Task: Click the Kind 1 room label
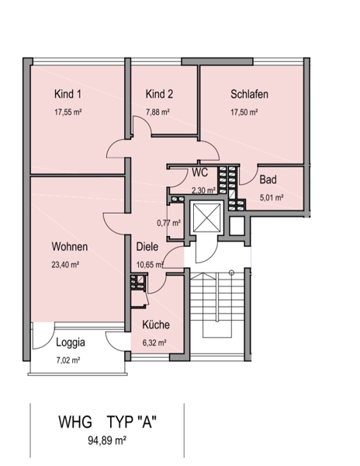(x=67, y=94)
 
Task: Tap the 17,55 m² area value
(x=68, y=112)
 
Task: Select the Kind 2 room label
(x=159, y=94)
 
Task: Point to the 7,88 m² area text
(x=157, y=112)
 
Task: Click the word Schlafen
(x=249, y=94)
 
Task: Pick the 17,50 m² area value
(x=244, y=112)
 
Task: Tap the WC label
(x=200, y=172)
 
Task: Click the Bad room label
(x=268, y=179)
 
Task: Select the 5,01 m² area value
(x=272, y=197)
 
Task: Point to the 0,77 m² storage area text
(x=169, y=222)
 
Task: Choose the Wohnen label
(x=70, y=247)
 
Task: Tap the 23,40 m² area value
(x=65, y=265)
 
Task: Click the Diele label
(x=147, y=247)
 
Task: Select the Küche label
(x=156, y=324)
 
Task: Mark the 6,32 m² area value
(x=154, y=343)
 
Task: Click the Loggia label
(x=71, y=343)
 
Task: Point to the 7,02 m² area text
(x=68, y=360)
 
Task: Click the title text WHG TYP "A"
(x=107, y=422)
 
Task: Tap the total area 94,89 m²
(x=107, y=440)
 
